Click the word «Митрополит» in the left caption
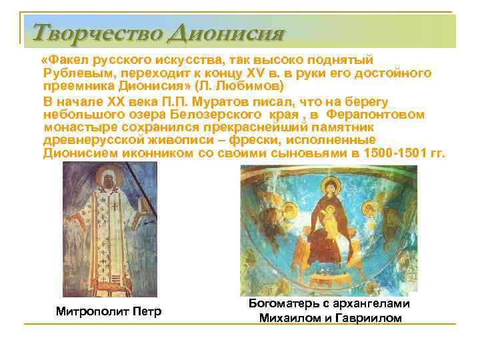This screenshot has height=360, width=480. [95, 311]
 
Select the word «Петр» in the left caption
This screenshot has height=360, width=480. [149, 311]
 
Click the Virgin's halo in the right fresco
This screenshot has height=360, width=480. [327, 190]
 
